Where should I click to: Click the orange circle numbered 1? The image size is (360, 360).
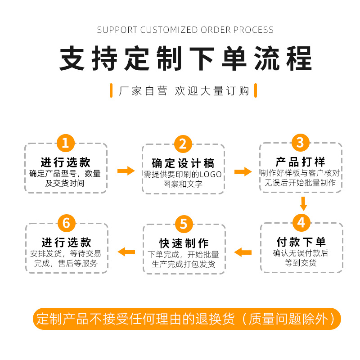(65, 143)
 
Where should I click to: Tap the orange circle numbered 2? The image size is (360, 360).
(183, 144)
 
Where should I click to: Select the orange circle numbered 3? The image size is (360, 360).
(300, 143)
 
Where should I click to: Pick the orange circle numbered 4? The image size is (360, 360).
(301, 222)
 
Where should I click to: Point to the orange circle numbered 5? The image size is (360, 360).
(183, 223)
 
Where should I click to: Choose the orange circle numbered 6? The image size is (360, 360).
(67, 223)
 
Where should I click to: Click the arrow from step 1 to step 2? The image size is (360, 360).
(126, 171)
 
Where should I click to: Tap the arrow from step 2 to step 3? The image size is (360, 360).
(243, 171)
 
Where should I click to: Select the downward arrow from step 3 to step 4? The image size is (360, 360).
(304, 203)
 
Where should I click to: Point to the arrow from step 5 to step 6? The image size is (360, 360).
(126, 252)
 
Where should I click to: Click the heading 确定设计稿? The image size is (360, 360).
(183, 163)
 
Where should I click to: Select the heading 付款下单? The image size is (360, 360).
(301, 242)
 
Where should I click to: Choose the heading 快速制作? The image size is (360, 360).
(183, 243)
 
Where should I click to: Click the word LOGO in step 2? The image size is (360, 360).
(211, 174)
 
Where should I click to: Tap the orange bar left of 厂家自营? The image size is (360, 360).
(111, 90)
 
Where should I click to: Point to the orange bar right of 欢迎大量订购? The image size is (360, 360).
(256, 90)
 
